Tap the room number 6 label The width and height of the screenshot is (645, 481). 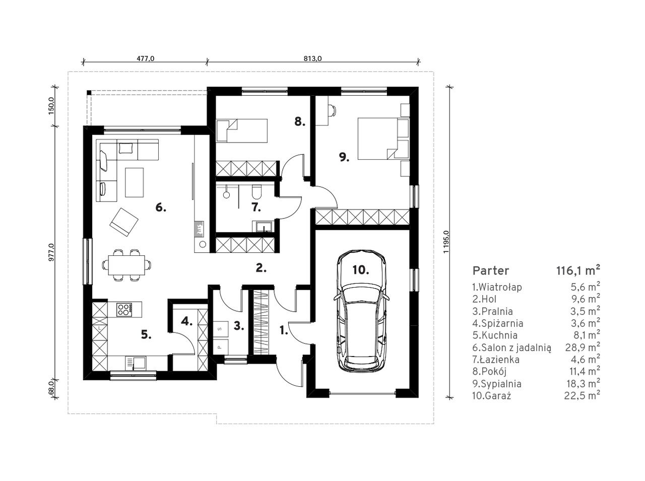pyautogui.click(x=161, y=208)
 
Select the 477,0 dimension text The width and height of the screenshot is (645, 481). pyautogui.click(x=145, y=58)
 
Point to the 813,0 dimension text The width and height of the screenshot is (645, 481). pyautogui.click(x=312, y=58)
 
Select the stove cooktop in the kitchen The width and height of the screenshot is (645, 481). pyautogui.click(x=124, y=309)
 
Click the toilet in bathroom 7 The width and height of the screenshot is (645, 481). pyautogui.click(x=256, y=191)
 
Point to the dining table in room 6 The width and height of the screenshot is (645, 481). pyautogui.click(x=126, y=265)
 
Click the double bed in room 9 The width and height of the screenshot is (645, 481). pyautogui.click(x=383, y=139)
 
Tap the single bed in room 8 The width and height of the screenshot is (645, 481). pyautogui.click(x=242, y=130)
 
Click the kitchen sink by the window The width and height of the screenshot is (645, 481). pyautogui.click(x=136, y=363)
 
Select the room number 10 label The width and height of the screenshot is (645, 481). pyautogui.click(x=361, y=269)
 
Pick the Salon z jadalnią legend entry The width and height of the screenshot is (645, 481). pyautogui.click(x=511, y=348)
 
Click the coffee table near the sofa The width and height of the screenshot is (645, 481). pyautogui.click(x=134, y=182)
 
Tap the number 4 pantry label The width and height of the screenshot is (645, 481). pyautogui.click(x=186, y=322)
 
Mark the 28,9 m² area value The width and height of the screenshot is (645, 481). pyautogui.click(x=583, y=347)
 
